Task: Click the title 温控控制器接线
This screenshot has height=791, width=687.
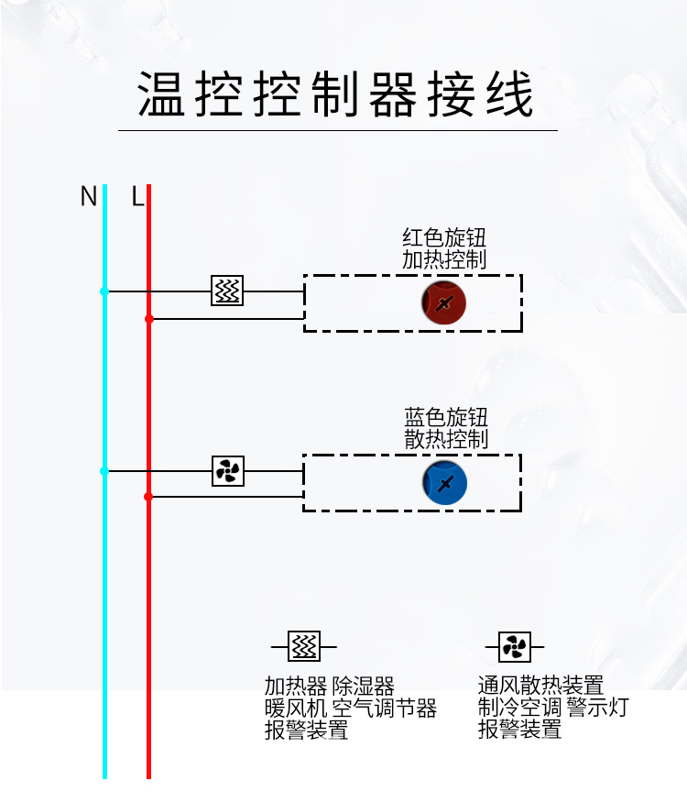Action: coord(336,95)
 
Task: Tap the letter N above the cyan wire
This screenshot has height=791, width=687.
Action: coord(88,196)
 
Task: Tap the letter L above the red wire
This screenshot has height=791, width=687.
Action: coord(137,196)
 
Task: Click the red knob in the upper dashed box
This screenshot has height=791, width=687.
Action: coord(444,303)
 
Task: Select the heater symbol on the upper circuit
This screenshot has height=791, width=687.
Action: coord(227,291)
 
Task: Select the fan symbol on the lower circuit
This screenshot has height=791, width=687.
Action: coord(227,471)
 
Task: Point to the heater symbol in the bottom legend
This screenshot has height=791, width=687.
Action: coord(304,647)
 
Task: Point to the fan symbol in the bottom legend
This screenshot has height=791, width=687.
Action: coord(514,647)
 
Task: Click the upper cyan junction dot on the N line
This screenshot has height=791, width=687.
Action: coord(104,291)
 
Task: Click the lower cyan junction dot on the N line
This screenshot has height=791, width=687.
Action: coord(104,471)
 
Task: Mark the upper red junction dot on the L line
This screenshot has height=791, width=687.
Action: coord(148,319)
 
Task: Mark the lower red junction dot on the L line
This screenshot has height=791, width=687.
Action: coord(148,497)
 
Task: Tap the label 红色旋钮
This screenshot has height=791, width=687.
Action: coord(444,237)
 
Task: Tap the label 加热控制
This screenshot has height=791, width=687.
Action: coord(444,259)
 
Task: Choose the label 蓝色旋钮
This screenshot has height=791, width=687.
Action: coord(446,417)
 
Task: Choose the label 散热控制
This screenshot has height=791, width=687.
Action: coord(446,439)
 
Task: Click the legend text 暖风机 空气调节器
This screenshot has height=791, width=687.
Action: coord(350,709)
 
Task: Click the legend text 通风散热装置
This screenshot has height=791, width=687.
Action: coord(540,686)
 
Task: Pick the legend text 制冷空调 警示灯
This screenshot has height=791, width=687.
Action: coord(553,709)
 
